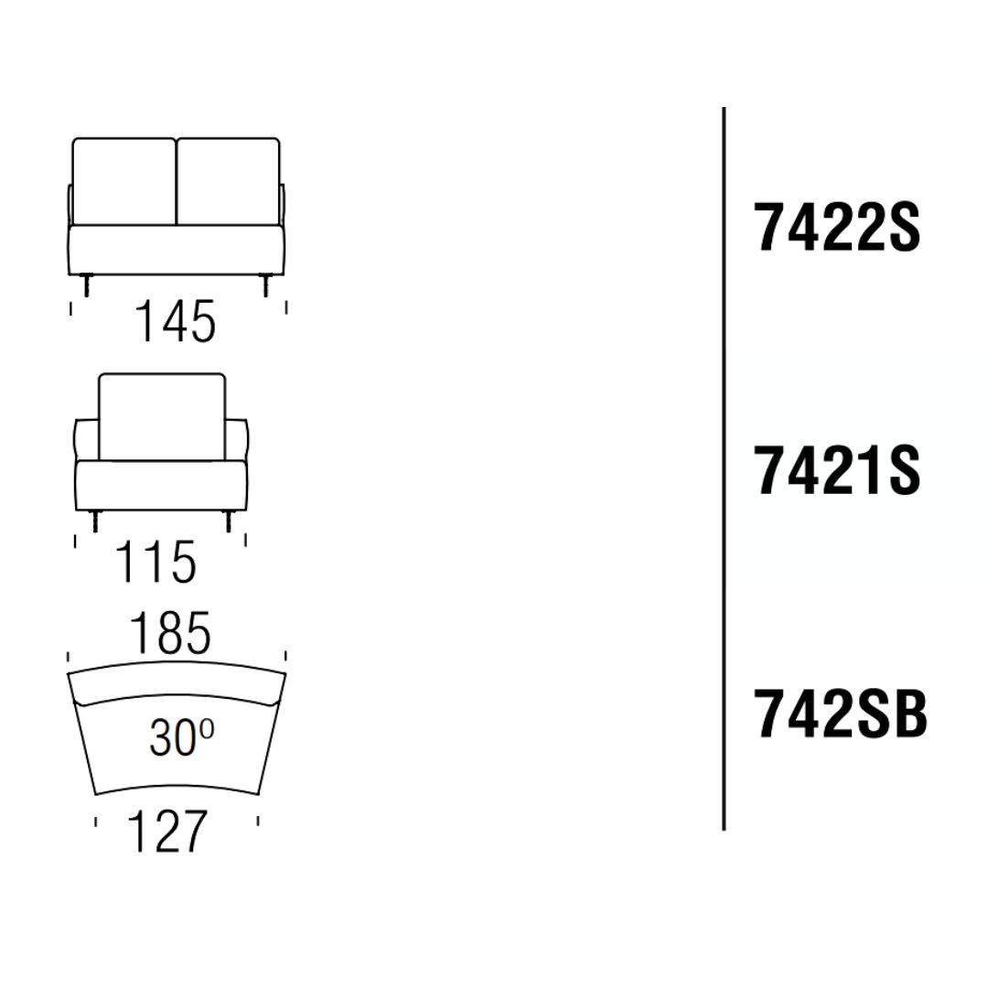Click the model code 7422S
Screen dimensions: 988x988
(837, 227)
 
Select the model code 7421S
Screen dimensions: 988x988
(837, 469)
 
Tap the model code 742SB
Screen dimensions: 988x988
(841, 714)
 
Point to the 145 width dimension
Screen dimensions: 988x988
(176, 321)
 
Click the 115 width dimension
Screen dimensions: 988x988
(156, 562)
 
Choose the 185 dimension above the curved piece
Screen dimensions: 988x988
(170, 633)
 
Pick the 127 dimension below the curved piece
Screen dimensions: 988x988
(167, 831)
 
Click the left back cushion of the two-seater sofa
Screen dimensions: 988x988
(124, 181)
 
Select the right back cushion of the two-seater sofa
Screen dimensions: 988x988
(228, 181)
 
